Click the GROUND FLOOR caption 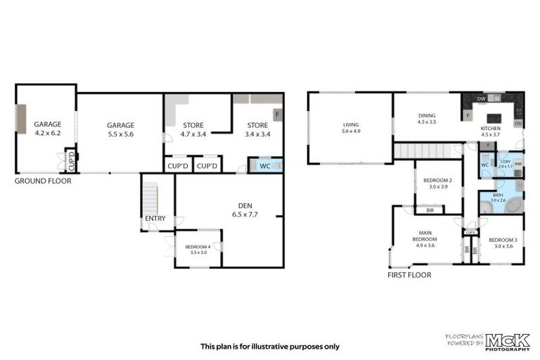(x=43, y=181)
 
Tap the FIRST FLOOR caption (x=409, y=275)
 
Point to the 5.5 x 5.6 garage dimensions (x=120, y=134)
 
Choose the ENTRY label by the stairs (x=155, y=219)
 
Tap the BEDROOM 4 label (x=198, y=247)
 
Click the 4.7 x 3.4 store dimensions (x=188, y=134)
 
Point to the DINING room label (x=427, y=115)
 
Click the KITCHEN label (x=490, y=129)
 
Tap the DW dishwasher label (x=481, y=99)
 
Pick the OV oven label (x=518, y=124)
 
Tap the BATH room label (x=498, y=195)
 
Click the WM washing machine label (x=517, y=164)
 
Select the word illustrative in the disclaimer (x=271, y=346)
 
